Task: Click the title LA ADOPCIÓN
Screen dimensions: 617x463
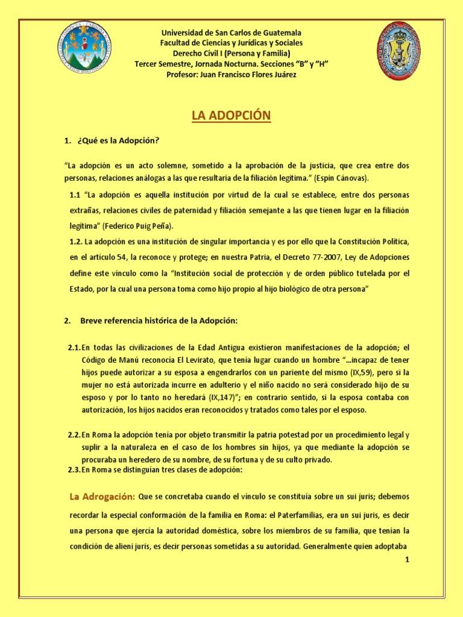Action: coord(231,115)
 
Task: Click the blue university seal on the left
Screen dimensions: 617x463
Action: coord(84,48)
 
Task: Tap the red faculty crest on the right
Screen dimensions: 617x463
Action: coord(398,51)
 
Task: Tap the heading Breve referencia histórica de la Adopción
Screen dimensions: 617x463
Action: coord(159,321)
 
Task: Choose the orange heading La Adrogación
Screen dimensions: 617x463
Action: coord(102,497)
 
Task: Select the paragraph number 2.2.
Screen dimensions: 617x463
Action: coord(74,434)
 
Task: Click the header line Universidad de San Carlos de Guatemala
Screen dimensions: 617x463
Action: coord(231,33)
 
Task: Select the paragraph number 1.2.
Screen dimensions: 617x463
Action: coord(75,242)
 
